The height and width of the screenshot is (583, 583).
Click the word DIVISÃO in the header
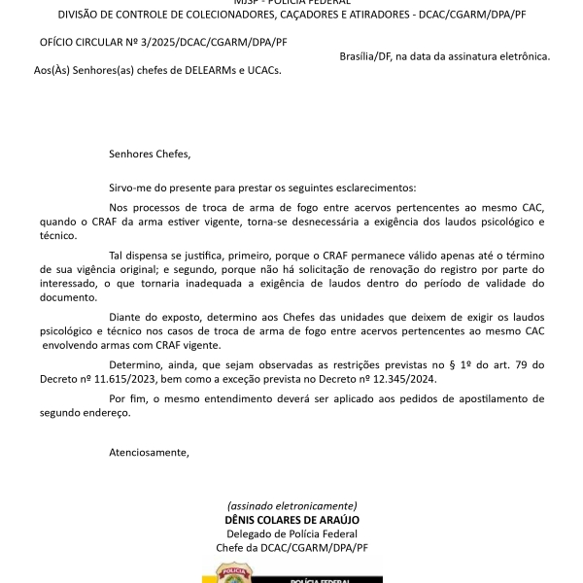(x=81, y=15)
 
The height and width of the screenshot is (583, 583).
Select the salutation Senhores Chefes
(x=150, y=154)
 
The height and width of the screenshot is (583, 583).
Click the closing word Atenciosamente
(x=150, y=453)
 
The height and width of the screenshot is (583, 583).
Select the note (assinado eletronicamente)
(x=291, y=506)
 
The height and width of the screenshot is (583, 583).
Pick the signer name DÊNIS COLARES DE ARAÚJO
(x=291, y=520)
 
